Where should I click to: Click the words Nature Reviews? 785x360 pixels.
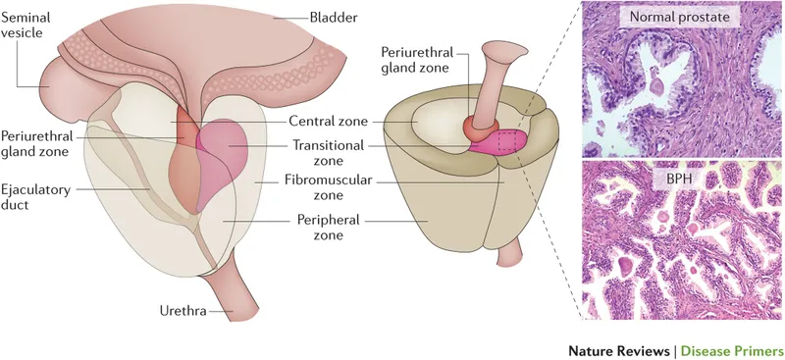click(x=616, y=350)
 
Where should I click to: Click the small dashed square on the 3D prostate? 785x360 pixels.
click(x=509, y=143)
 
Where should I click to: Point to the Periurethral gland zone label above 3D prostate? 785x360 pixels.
click(x=417, y=59)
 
